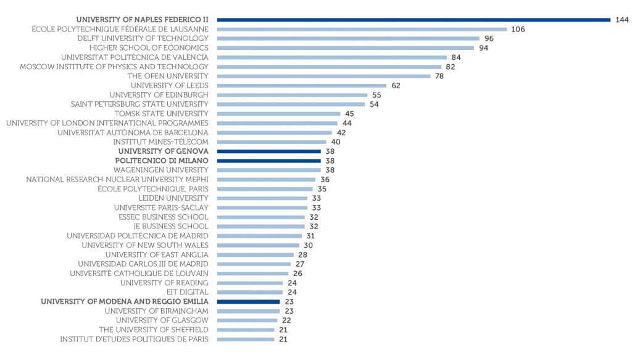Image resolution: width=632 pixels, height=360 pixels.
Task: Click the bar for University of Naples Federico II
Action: (414, 20)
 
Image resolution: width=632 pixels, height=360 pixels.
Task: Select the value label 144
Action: (622, 20)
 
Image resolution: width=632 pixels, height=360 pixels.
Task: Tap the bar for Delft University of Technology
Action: (348, 38)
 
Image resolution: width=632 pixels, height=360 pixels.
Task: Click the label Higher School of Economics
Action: (149, 48)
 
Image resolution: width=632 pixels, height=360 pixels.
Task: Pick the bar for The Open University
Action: (323, 76)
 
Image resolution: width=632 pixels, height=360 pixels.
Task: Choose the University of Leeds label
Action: (170, 85)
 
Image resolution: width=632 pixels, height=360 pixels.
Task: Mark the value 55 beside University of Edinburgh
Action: (375, 94)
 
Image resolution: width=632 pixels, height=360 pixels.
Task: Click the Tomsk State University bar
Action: (278, 114)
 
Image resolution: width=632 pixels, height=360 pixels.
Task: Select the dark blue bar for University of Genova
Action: (268, 151)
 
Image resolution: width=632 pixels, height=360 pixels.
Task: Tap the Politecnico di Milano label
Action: (162, 161)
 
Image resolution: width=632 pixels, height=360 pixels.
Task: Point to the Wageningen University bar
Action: (268, 170)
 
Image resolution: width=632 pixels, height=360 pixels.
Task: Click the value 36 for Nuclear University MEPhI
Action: (325, 179)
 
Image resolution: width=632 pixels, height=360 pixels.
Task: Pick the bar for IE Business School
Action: (260, 226)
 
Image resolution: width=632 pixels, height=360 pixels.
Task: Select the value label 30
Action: (308, 245)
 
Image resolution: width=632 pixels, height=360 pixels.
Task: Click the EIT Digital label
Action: (188, 291)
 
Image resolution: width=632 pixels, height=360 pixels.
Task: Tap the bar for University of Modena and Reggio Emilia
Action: (248, 301)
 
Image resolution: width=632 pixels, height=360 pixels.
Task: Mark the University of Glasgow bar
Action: (247, 320)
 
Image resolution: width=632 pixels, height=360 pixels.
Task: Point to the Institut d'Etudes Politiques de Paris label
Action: (134, 338)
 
